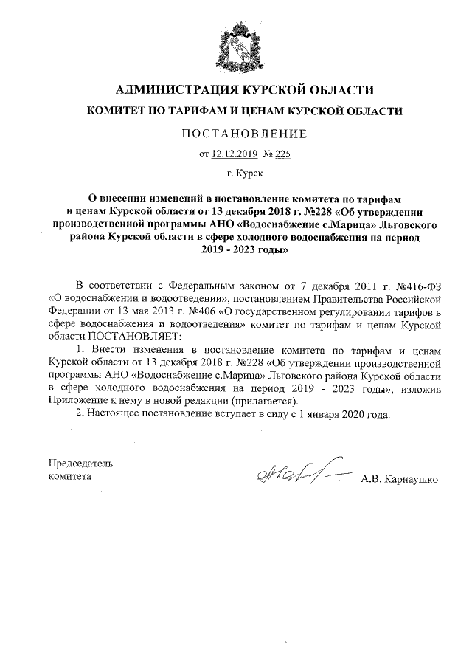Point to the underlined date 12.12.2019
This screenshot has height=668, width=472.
point(231,154)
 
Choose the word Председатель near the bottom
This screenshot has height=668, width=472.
point(79,464)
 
